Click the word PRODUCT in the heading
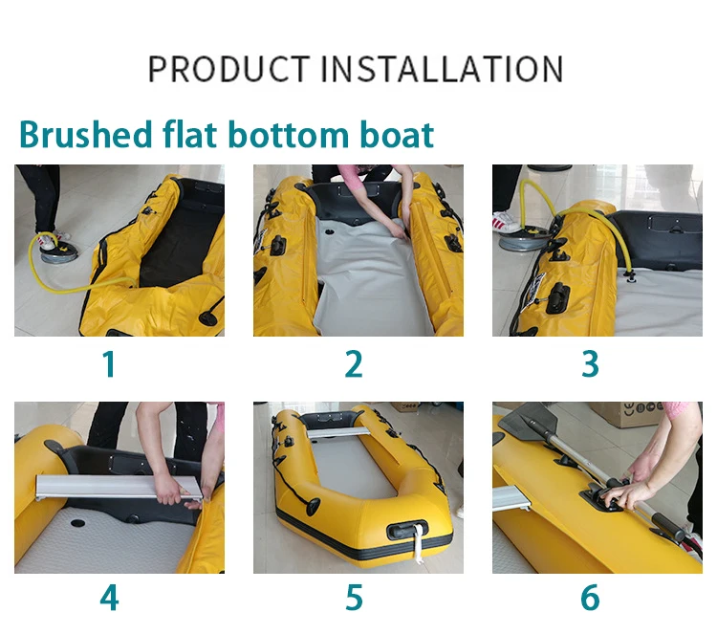point(229,69)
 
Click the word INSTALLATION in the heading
point(443,69)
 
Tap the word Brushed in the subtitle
point(85,134)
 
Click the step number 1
point(109,364)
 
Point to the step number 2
point(354,364)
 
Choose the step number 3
point(590,364)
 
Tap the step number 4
point(109,598)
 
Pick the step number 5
point(354,598)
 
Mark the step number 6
point(590,598)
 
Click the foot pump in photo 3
point(524,236)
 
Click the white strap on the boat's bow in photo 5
point(418,543)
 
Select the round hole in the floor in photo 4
point(77,522)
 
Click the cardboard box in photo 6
point(626,413)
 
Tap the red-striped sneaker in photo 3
point(506,222)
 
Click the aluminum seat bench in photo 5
point(337,432)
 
